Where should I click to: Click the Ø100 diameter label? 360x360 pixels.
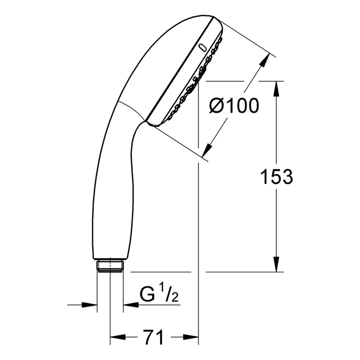point(234,106)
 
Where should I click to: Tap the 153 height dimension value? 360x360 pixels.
point(276,177)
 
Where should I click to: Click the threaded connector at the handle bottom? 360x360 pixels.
point(110,266)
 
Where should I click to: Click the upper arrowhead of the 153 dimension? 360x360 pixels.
point(276,88)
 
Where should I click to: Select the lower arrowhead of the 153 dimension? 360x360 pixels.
point(276,264)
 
